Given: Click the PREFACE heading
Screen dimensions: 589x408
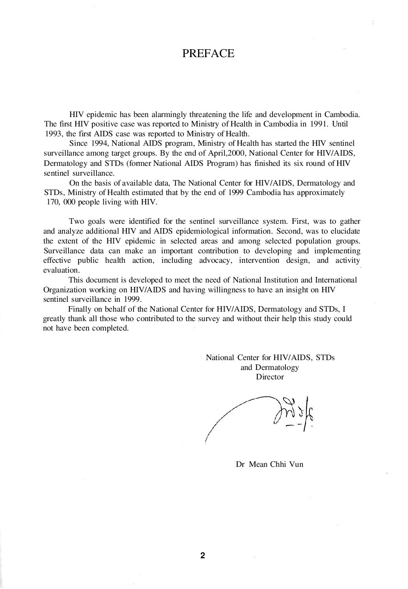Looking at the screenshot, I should (x=208, y=54).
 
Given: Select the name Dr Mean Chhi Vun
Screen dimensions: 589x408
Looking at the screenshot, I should (x=269, y=464).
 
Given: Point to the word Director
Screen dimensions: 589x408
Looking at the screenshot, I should (x=270, y=377).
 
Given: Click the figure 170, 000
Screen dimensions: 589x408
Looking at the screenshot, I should (x=60, y=202).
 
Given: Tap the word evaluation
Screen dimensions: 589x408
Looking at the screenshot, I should (x=61, y=270).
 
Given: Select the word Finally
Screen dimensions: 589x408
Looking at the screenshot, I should (x=80, y=309).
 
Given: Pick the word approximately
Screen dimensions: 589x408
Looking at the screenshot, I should (x=317, y=193).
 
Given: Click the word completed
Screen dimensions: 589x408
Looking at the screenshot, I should (x=110, y=328).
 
